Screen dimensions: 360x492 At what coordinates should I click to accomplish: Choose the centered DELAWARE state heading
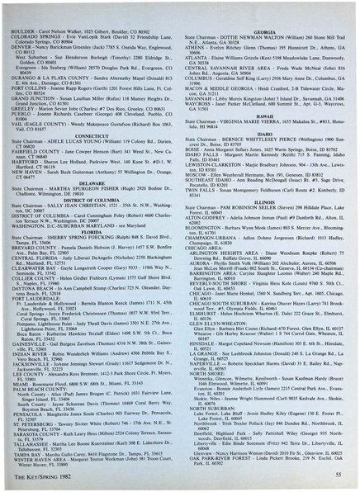92,157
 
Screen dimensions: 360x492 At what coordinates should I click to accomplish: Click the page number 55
339,476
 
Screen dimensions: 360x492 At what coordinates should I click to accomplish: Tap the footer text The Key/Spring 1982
44,476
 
